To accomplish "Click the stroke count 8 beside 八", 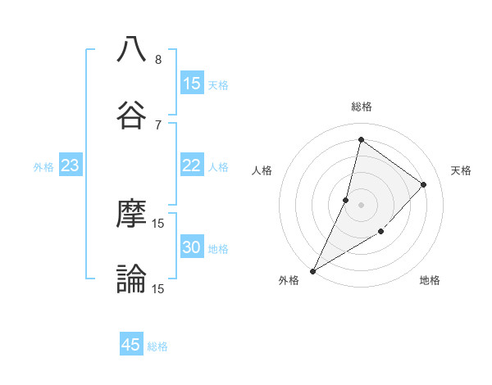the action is (158, 60).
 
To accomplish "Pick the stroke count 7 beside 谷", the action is (158, 125).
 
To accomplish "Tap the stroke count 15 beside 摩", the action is (158, 224).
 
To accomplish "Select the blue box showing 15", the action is (192, 84).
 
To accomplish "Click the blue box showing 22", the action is (192, 165).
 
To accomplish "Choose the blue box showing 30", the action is (192, 247).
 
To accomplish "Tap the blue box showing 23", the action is (71, 165).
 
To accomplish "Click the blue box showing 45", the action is (131, 345).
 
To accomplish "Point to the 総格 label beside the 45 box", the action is (157, 346).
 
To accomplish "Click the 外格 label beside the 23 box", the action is (43, 167).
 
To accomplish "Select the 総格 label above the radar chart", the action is (361, 106).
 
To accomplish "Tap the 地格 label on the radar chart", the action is (430, 281).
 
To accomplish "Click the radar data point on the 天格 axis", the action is (424, 184).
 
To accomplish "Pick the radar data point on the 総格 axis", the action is (361, 140).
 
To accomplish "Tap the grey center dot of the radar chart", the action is (361, 205).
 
